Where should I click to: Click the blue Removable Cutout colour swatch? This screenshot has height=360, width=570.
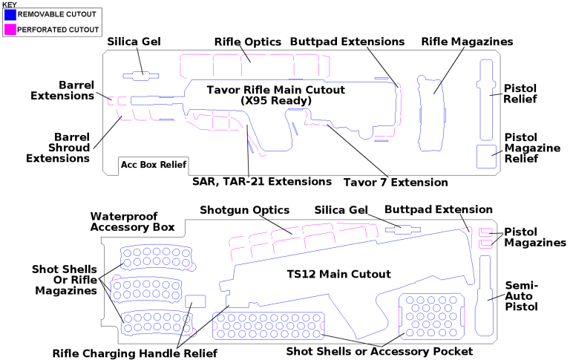pos(10,15)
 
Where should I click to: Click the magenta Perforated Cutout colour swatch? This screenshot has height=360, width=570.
pos(10,29)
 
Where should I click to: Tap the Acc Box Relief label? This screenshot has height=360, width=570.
pos(154,164)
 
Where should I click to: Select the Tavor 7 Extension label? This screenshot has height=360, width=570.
pos(395,182)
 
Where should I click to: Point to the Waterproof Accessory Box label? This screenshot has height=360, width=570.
pos(132,221)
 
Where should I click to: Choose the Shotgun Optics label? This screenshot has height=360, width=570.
pos(244,211)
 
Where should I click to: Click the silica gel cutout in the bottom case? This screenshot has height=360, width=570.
pos(402,229)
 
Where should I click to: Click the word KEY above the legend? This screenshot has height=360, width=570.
pos(10,4)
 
